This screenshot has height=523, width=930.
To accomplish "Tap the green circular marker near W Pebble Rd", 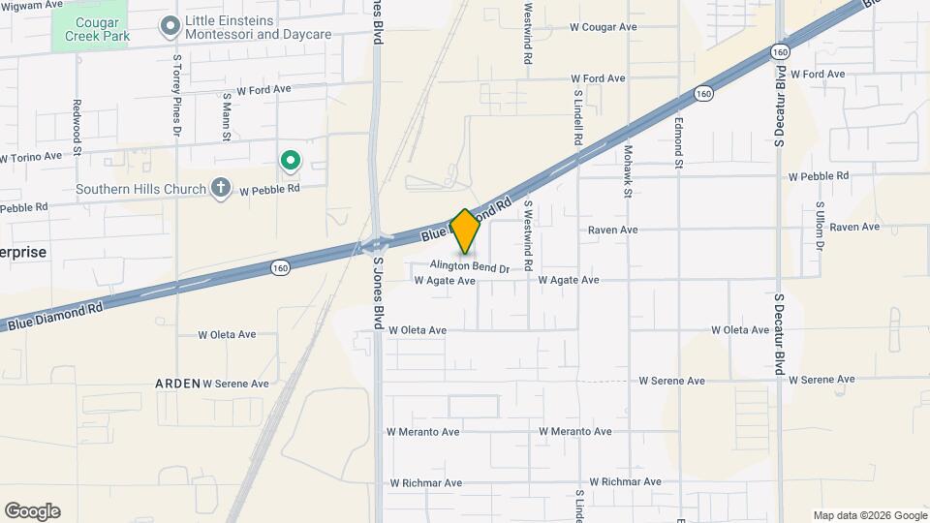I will (288, 160).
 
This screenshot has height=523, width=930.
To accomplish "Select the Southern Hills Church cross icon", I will (221, 188).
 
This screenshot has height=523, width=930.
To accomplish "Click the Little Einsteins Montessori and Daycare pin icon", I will (170, 26).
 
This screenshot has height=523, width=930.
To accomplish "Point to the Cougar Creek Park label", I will (89, 27).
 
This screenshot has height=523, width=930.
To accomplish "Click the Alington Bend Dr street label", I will (470, 266).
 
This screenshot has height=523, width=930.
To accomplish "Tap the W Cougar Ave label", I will (603, 27).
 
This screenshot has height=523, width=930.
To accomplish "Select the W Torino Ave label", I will (31, 156).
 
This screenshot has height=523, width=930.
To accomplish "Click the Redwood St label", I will (77, 125).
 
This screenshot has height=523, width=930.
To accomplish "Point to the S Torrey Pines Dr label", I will (177, 94).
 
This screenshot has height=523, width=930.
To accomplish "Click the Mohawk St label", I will (628, 171).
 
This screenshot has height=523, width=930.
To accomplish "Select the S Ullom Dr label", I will (820, 226).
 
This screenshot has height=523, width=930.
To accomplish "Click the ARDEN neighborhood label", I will (178, 384).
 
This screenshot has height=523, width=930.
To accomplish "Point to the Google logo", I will (32, 511).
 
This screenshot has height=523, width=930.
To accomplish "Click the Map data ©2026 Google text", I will (870, 515).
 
